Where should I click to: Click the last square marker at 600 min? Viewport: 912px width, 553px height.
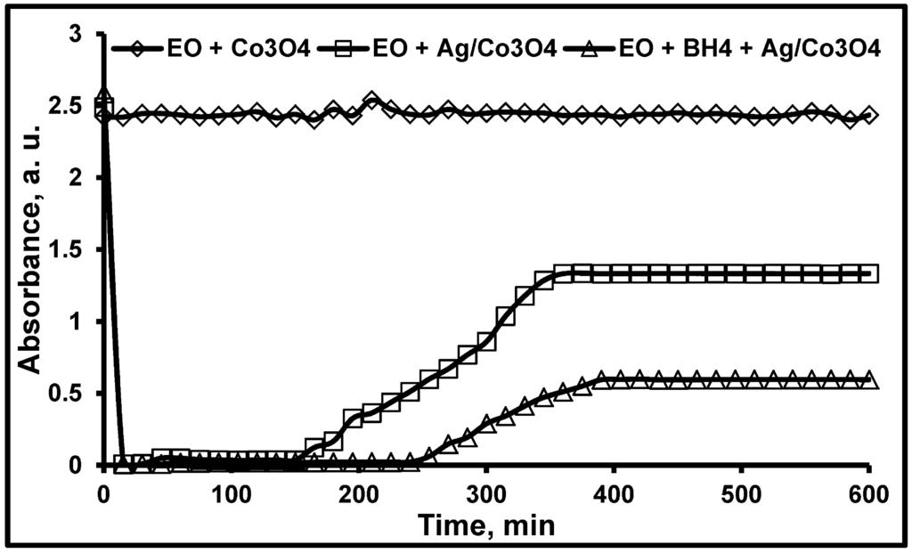pyautogui.click(x=868, y=273)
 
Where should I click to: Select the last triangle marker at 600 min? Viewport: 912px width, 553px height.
pyautogui.click(x=868, y=380)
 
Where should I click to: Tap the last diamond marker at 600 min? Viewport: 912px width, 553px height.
pyautogui.click(x=868, y=116)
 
